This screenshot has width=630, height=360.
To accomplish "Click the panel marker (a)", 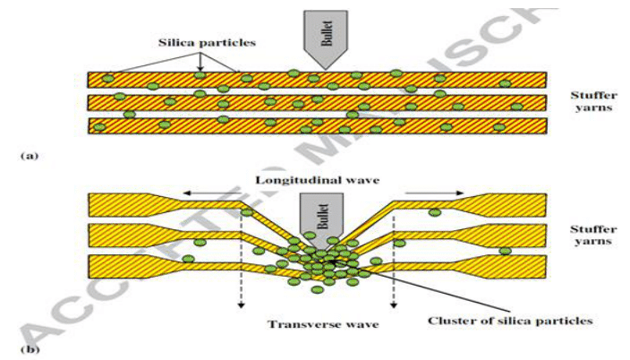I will coord(29,155).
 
